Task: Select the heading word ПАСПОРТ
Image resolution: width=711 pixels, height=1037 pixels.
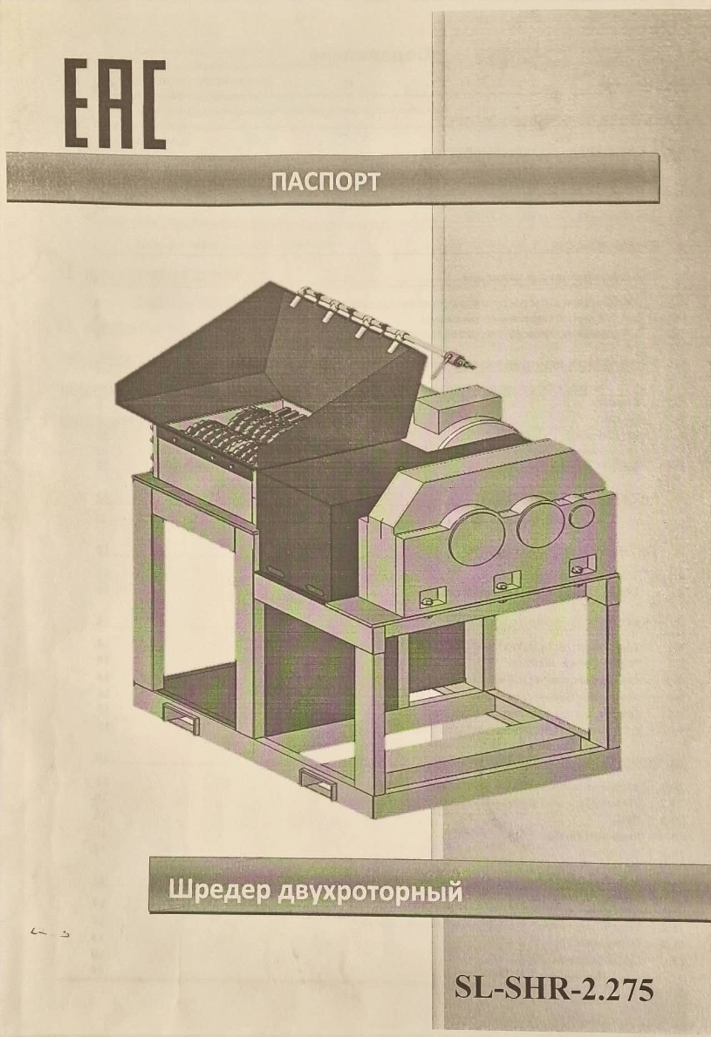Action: [x=325, y=182]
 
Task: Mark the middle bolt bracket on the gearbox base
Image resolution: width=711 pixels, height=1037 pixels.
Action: [x=503, y=582]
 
